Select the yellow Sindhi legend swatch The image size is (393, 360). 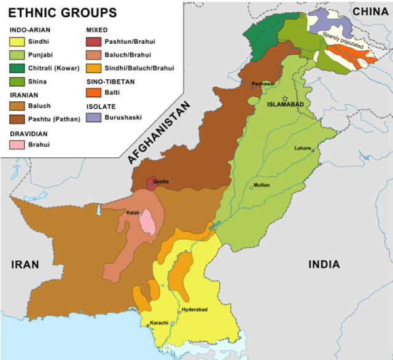click(x=17, y=42)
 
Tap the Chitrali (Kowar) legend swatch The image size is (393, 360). click(x=17, y=68)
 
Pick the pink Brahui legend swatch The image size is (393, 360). click(x=17, y=145)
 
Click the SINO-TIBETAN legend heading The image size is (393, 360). click(x=111, y=81)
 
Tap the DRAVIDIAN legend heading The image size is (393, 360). click(x=28, y=133)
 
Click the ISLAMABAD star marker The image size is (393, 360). click(x=285, y=98)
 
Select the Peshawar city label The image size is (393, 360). click(x=262, y=84)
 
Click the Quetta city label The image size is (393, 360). click(x=160, y=181)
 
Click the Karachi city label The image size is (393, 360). click(x=157, y=322)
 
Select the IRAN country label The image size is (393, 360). click(x=25, y=265)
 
